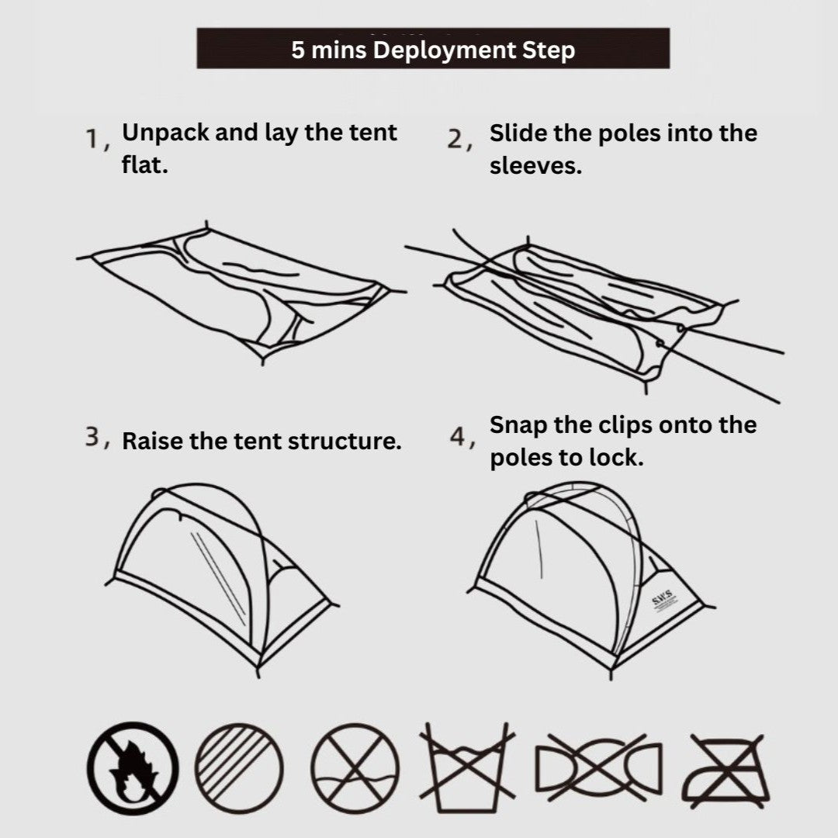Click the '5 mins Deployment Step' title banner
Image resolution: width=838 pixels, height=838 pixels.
pyautogui.click(x=433, y=49)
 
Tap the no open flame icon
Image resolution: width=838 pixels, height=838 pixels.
pyautogui.click(x=133, y=768)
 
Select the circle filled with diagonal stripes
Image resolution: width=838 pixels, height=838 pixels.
pyautogui.click(x=239, y=768)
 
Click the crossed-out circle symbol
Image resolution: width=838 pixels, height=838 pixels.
pyautogui.click(x=355, y=768)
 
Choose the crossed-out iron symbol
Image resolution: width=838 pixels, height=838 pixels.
pyautogui.click(x=726, y=768)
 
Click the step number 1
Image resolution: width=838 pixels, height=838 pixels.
pyautogui.click(x=94, y=140)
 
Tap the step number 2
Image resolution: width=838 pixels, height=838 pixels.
pyautogui.click(x=457, y=140)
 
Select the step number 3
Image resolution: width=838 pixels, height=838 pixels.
pyautogui.click(x=94, y=438)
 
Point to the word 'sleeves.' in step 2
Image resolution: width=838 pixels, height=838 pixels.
pyautogui.click(x=535, y=166)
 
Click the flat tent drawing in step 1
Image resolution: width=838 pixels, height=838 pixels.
pyautogui.click(x=241, y=291)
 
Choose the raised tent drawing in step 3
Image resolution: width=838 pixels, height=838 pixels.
pyautogui.click(x=221, y=574)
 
